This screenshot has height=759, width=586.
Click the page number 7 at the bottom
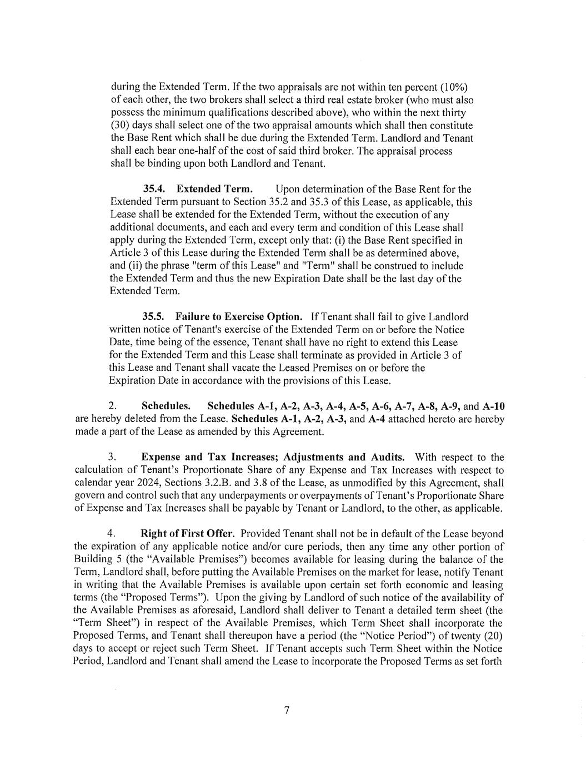(287, 710)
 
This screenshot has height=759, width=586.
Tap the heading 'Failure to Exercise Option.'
(239, 316)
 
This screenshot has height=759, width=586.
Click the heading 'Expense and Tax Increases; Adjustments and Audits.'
(273, 457)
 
